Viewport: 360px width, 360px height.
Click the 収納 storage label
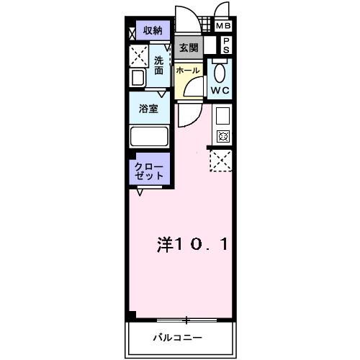coord(152,30)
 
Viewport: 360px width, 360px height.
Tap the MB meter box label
coord(224,27)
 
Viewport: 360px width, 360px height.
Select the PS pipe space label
coord(225,46)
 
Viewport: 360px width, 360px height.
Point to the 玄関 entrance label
coord(189,48)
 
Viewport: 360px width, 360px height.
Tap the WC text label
coord(219,91)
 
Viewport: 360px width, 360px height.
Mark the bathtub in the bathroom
coord(148,136)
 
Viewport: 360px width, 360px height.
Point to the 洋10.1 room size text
coord(193,245)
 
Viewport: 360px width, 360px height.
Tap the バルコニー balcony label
coord(176,338)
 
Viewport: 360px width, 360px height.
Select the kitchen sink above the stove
coord(222,115)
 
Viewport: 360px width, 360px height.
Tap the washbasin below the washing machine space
coord(137,78)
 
